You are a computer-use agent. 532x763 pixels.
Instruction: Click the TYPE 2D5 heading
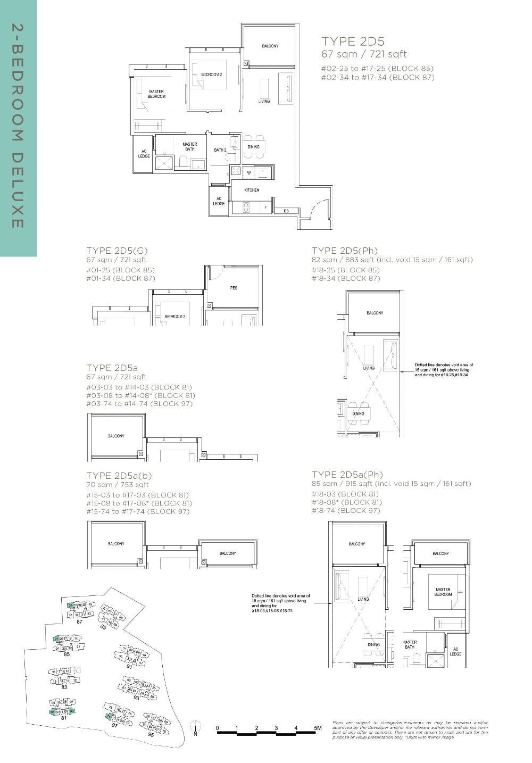coord(353,42)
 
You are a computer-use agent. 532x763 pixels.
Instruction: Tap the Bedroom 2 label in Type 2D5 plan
coord(211,74)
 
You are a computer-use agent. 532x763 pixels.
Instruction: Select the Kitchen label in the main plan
coord(252,190)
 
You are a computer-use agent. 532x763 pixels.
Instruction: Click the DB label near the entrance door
coord(286,211)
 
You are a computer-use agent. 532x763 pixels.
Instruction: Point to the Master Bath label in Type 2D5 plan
coord(190,146)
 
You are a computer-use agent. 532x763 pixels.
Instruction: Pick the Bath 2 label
coord(220,150)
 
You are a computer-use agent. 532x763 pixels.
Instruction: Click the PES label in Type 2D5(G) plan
coord(234,288)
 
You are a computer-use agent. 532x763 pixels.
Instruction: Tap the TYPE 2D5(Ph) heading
coord(345,251)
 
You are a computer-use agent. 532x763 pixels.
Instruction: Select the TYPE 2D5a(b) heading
coord(120,476)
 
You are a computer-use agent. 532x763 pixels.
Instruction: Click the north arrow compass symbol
coord(196,726)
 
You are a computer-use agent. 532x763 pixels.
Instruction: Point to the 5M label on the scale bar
coord(318,728)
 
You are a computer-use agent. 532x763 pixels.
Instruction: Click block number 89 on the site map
coord(103,627)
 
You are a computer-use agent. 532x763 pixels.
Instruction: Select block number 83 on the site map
coord(64,687)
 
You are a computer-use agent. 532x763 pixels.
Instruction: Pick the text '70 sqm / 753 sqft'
coord(118,485)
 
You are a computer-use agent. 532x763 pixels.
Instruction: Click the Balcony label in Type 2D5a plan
coord(116,436)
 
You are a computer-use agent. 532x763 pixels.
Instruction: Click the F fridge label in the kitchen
coord(265,207)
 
